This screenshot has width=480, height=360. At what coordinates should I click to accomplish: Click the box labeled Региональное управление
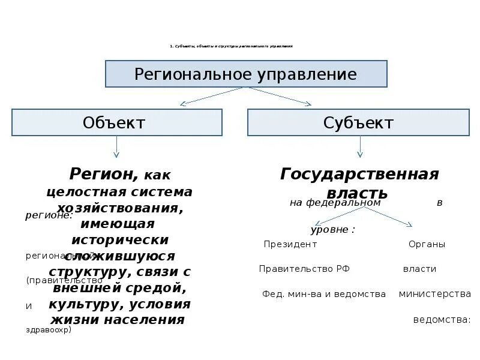246,74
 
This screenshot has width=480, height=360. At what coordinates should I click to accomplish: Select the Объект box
116,122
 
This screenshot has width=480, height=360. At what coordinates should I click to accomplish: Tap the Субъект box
358,122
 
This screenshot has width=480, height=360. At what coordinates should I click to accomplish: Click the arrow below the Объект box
116,147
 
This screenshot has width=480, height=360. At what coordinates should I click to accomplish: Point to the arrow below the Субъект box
360,147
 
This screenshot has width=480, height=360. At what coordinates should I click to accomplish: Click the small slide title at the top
231,46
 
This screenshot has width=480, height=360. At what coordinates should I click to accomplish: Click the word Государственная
359,174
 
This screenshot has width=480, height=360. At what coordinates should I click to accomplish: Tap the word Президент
290,244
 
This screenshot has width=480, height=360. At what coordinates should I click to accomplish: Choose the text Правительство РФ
304,269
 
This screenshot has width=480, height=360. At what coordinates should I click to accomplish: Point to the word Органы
427,244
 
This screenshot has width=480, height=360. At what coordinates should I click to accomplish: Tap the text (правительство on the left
56,280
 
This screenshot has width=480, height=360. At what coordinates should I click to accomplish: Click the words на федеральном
335,203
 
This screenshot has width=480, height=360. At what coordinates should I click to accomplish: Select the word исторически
120,239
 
